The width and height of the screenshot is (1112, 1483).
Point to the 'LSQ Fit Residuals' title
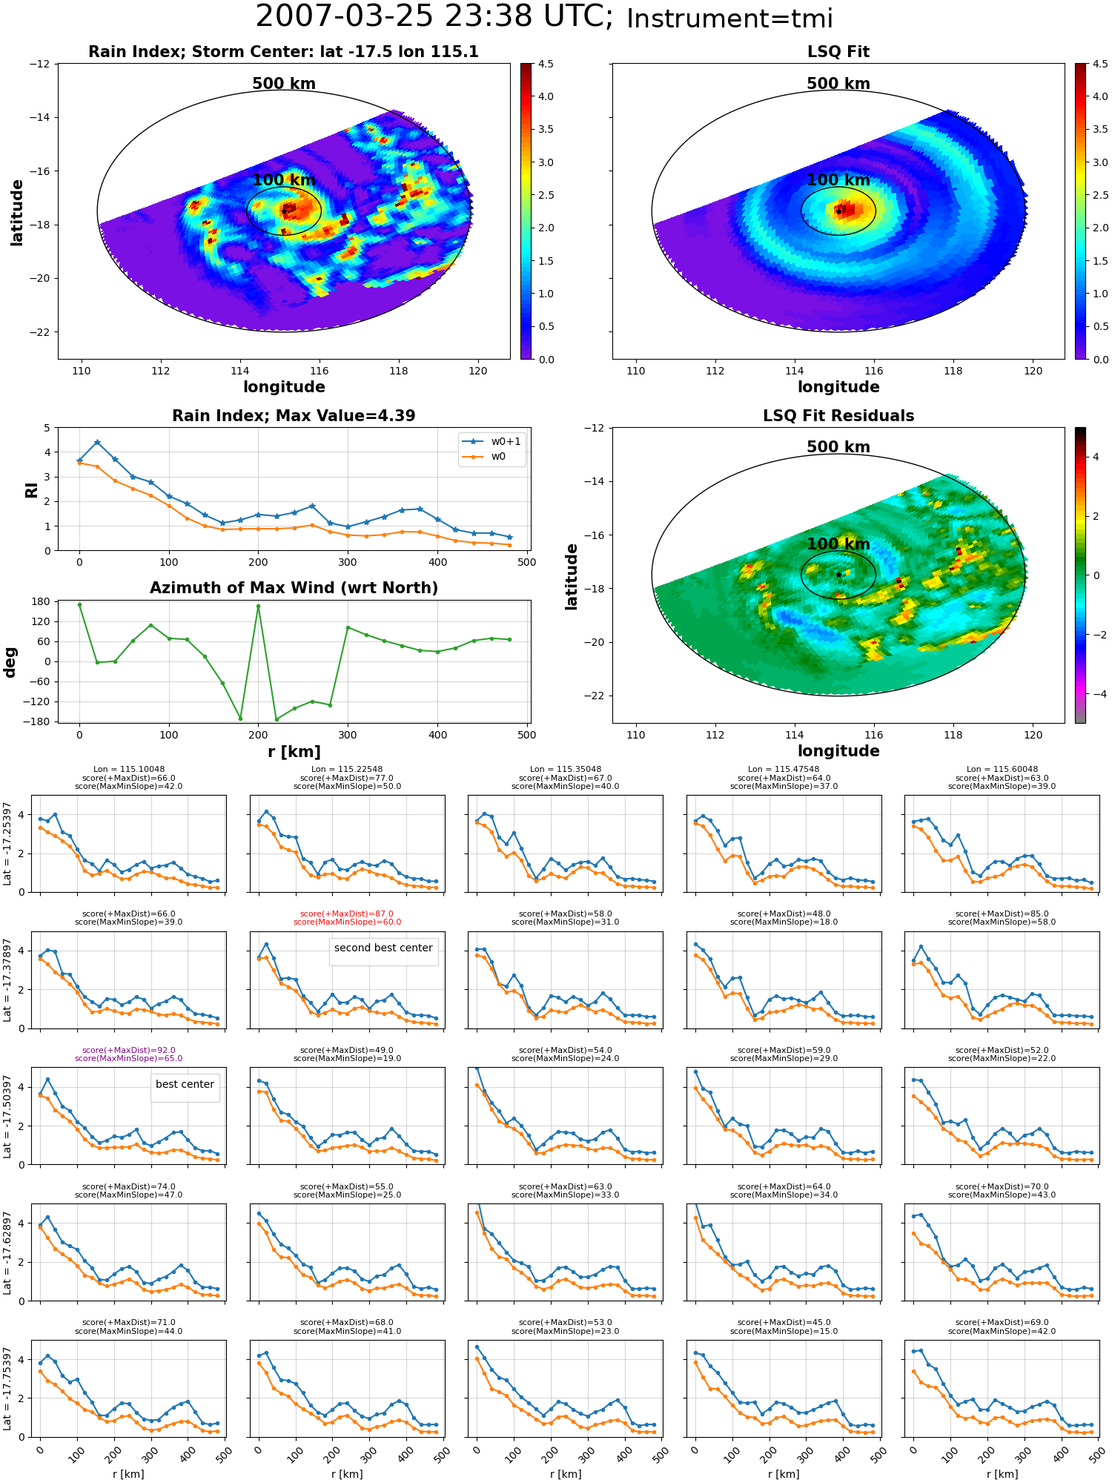point(838,416)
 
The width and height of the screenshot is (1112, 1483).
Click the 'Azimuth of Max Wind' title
point(294,588)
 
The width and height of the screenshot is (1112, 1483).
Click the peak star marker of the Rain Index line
point(97,443)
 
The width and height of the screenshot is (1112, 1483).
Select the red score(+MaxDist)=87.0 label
point(347,914)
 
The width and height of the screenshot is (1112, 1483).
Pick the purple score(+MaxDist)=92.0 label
point(129,1050)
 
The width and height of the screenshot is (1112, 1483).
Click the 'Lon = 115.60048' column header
point(1002,769)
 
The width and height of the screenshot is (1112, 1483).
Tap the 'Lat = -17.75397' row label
point(7,1389)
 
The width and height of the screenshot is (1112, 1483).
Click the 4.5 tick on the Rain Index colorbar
point(546,65)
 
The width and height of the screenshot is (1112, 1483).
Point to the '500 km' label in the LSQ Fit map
point(838,84)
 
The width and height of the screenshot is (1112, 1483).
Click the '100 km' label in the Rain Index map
point(284,180)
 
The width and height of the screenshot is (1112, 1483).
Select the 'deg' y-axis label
point(10,661)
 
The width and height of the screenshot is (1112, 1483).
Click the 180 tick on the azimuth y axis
point(41,601)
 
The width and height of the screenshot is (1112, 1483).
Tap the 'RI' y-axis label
point(31,489)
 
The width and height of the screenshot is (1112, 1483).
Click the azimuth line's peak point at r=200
point(258,607)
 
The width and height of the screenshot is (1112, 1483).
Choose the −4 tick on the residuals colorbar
point(1096,694)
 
